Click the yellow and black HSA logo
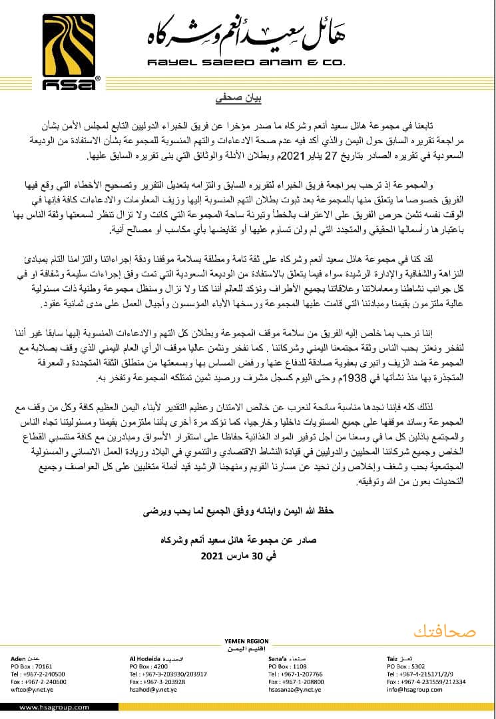pos(64,46)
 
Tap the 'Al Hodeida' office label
pos(145,658)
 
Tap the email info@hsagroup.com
pos(411,690)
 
